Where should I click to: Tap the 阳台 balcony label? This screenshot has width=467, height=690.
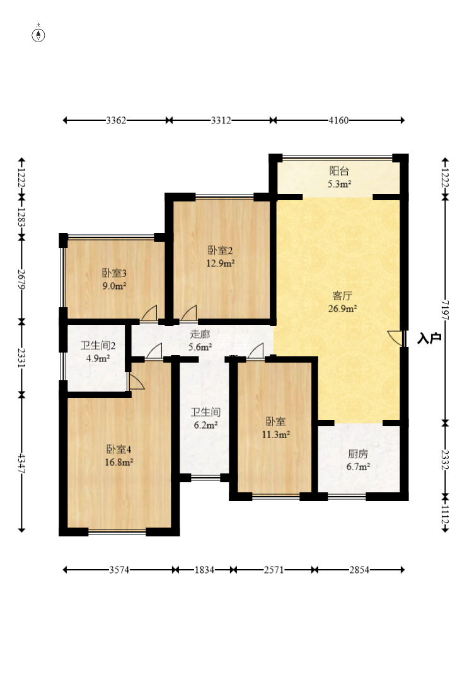coord(339,171)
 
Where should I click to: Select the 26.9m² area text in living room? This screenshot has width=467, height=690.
coord(342,308)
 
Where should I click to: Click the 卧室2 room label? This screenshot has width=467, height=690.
coord(221,251)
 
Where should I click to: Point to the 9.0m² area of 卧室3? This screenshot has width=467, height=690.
coord(115,286)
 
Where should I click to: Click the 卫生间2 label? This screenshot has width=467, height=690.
coord(98,346)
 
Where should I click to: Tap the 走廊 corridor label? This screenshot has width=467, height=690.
coord(200,334)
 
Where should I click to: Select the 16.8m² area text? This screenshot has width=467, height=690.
coord(119,462)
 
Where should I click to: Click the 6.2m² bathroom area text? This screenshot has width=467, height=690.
coord(205,425)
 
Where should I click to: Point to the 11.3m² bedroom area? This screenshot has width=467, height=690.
coord(276,434)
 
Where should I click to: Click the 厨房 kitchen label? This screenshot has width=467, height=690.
coord(358,454)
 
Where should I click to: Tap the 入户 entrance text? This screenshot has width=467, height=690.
coord(429,339)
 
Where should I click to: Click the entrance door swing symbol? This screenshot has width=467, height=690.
coord(395,337)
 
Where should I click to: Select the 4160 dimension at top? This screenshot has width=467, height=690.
coord(338,120)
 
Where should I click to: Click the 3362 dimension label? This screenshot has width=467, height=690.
coord(117,120)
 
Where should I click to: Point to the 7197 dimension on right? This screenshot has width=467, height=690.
coord(446,310)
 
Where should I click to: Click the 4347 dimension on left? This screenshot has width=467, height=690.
coord(21,463)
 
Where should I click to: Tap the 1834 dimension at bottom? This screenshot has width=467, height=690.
coord(204,570)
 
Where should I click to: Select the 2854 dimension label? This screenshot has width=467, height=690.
coord(359,570)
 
